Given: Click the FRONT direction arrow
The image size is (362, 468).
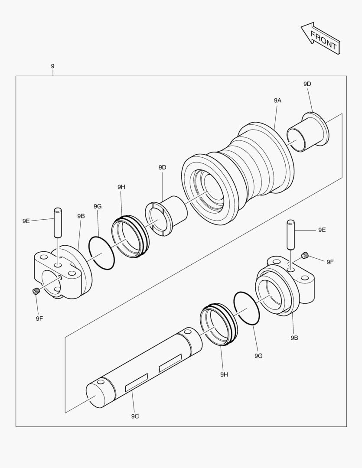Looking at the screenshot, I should tap(321, 39).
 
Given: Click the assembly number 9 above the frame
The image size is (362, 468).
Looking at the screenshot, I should tap(52, 66).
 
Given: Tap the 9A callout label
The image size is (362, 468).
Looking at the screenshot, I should tap(277, 100).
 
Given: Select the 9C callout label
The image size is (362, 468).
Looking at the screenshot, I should tap(135, 416).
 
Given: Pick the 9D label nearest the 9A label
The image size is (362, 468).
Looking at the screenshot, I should tap(307, 84).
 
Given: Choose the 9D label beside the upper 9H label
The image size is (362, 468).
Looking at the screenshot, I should tap(163, 167).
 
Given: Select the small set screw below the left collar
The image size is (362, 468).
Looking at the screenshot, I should tap(36, 292).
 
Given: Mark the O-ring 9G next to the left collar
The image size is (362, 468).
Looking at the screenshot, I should tap(102, 253).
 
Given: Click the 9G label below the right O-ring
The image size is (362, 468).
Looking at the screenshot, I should tap(258, 355).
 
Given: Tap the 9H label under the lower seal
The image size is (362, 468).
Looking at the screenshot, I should tap(224, 374).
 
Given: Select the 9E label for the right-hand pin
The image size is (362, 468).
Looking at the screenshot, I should tap(322, 230).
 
